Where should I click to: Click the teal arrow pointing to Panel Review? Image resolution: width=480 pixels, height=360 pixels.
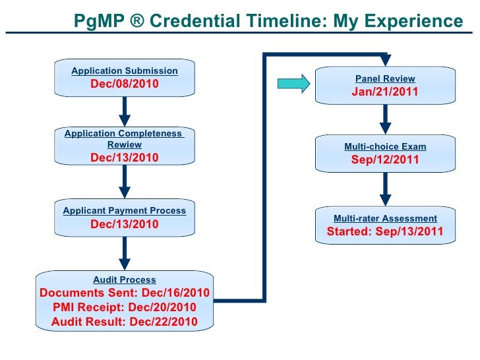293,83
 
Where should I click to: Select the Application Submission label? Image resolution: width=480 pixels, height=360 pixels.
125,71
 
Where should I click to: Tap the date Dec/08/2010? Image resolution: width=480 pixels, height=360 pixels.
125,84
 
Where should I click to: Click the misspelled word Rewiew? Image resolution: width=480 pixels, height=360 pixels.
125,144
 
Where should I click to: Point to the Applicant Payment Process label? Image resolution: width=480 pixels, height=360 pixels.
125,211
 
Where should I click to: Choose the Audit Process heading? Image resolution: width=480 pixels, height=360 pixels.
125,280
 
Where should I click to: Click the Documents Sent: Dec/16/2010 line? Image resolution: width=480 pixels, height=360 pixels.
125,293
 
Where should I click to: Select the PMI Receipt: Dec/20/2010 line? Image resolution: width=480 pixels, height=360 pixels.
125,308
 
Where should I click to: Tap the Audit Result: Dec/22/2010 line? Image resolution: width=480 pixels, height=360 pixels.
125,322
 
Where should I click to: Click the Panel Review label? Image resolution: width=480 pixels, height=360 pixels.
385,78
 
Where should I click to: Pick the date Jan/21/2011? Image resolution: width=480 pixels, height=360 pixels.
385,92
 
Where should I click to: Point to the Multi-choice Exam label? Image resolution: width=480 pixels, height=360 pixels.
385,147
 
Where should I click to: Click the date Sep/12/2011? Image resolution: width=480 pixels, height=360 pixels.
385,160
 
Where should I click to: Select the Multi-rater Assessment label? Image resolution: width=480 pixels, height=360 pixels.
385,218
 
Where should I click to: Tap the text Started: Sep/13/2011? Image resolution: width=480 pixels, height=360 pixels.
385,232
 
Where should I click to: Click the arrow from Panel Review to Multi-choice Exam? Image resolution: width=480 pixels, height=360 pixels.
386,119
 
